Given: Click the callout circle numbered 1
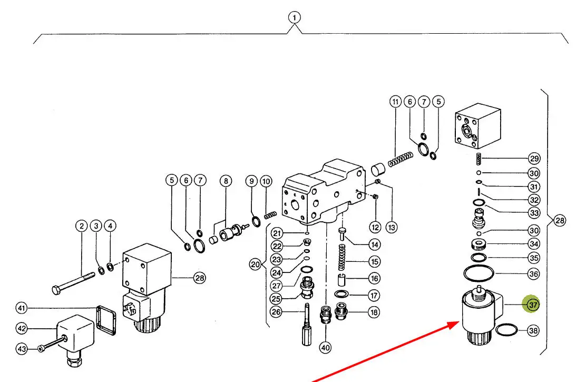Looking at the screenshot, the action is click(294, 17).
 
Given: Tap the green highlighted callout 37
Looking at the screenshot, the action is click(532, 305).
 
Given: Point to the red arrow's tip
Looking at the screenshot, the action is click(458, 322).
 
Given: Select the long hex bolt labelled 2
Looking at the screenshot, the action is click(73, 282).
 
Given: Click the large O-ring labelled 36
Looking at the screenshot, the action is click(479, 272).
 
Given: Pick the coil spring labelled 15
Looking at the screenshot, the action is click(342, 257).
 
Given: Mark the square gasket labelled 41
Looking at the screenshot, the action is click(106, 320).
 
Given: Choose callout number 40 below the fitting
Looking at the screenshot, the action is click(325, 347).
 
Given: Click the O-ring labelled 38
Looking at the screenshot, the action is click(506, 330).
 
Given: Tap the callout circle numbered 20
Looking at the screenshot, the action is click(255, 264).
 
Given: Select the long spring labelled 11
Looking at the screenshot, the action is click(401, 160).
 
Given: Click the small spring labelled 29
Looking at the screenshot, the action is click(479, 159).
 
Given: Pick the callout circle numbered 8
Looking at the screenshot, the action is click(226, 181).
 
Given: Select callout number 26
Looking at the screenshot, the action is click(276, 312).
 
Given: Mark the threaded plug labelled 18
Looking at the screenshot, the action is click(341, 311).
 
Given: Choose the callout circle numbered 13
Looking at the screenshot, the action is click(392, 228).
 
